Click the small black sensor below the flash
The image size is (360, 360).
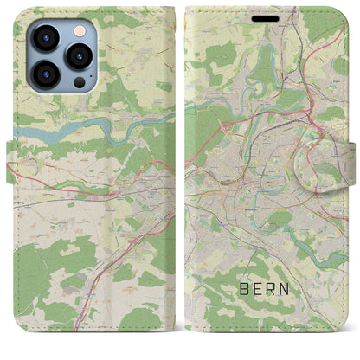79,81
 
